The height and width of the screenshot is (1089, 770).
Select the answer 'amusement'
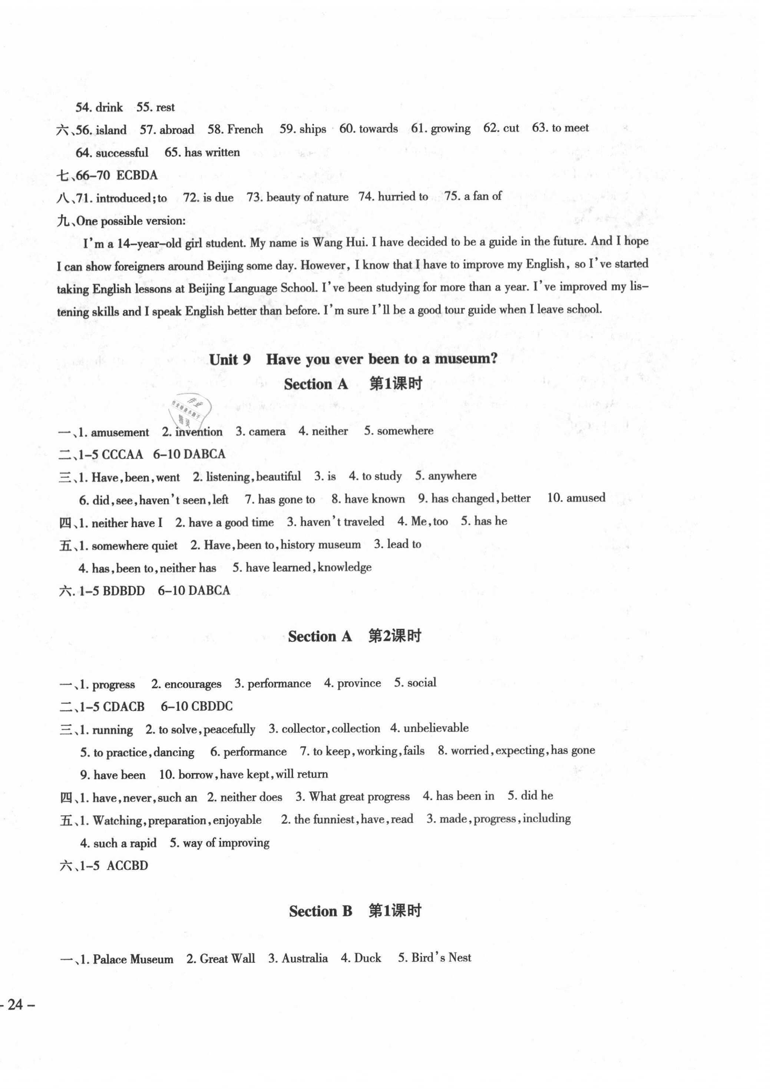pyautogui.click(x=119, y=432)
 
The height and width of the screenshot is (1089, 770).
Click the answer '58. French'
pyautogui.click(x=235, y=129)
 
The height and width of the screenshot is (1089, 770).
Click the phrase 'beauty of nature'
pyautogui.click(x=307, y=197)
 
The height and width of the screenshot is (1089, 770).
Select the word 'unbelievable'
pyautogui.click(x=436, y=728)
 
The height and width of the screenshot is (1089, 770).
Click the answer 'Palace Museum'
pyautogui.click(x=133, y=959)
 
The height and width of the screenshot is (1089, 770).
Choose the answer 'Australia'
pyautogui.click(x=304, y=959)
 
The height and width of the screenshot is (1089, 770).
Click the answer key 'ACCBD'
pyautogui.click(x=127, y=866)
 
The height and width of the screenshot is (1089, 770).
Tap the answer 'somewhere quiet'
pyautogui.click(x=135, y=545)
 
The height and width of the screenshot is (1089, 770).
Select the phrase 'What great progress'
pyautogui.click(x=359, y=796)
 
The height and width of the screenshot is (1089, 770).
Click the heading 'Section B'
pyautogui.click(x=320, y=911)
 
